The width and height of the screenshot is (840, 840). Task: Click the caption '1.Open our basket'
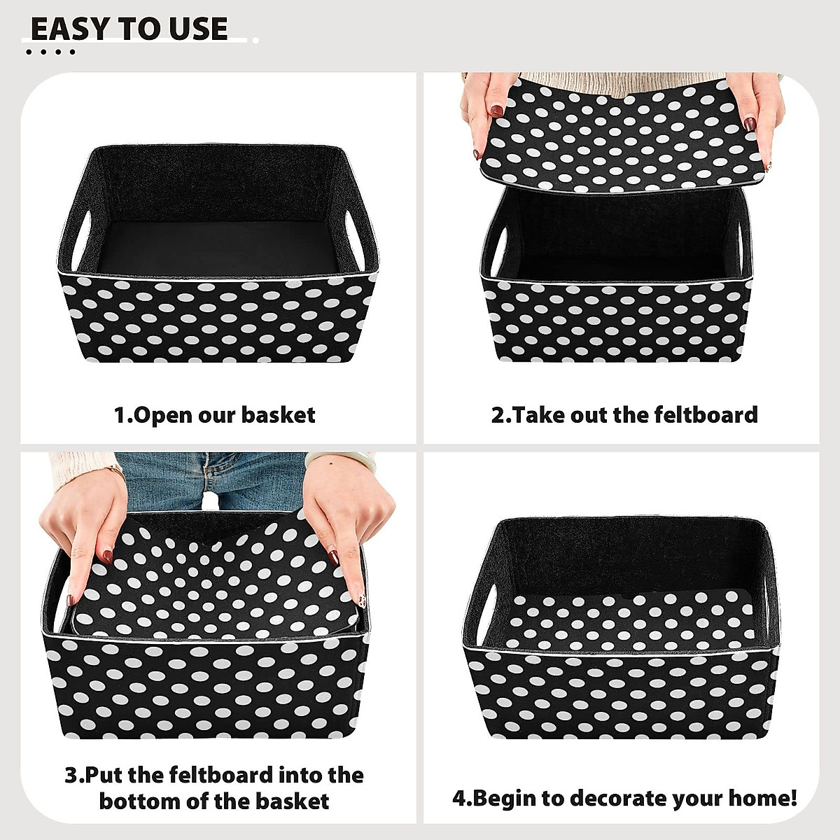[214, 415]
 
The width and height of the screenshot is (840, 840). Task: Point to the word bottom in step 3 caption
[141, 801]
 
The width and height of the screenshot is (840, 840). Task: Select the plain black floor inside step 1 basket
[217, 245]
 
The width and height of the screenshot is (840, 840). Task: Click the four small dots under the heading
[50, 52]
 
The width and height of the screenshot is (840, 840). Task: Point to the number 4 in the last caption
[458, 798]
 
